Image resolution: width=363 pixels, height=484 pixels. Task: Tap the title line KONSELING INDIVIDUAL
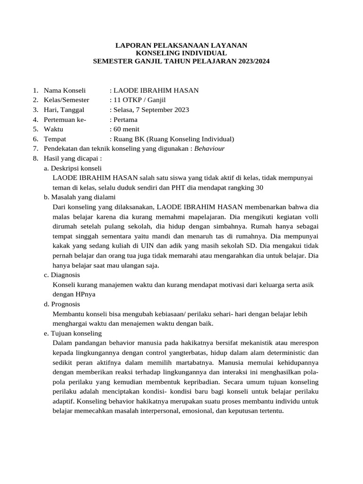[x=181, y=53]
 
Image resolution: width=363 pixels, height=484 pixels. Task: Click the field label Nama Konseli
[x=65, y=90]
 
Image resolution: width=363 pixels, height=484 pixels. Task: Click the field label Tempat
[x=55, y=139]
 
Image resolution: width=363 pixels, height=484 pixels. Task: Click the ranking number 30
[x=259, y=187]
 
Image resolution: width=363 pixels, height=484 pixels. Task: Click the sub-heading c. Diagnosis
[x=61, y=275]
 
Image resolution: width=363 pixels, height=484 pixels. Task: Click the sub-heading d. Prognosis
[x=62, y=304]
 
